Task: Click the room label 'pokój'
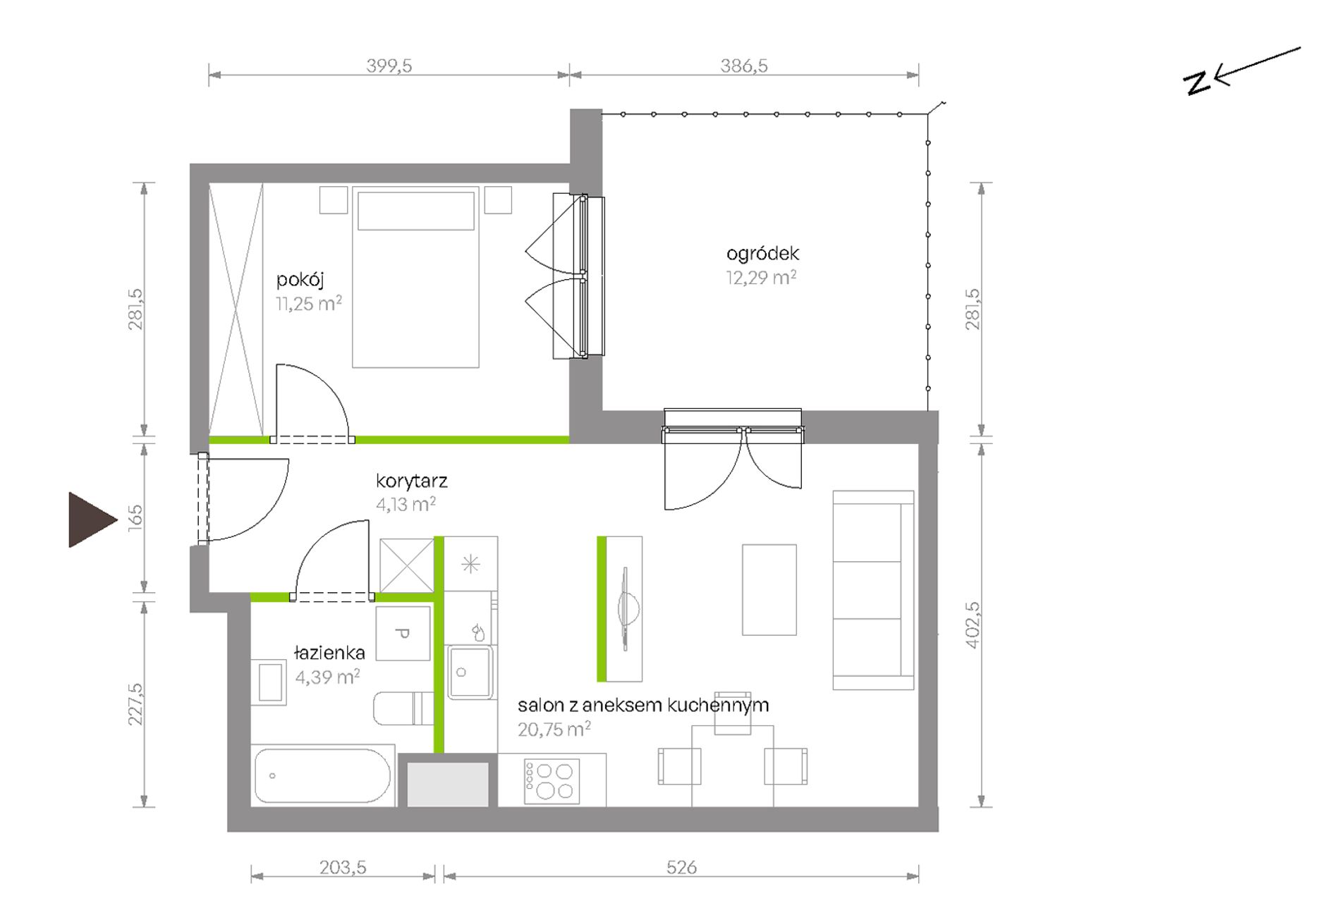[300, 281]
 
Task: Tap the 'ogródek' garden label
[762, 253]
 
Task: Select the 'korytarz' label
[412, 481]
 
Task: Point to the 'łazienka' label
[329, 653]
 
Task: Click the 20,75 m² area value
[554, 729]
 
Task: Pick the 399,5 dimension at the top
[389, 66]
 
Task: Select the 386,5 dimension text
[744, 66]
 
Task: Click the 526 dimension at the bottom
[681, 867]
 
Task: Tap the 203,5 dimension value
[343, 867]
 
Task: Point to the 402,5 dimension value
[972, 625]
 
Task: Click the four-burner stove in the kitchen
[552, 781]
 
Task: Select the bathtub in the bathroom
[323, 775]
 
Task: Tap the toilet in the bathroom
[403, 708]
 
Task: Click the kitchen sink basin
[470, 671]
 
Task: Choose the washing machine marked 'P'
[403, 633]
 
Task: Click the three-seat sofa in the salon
[873, 590]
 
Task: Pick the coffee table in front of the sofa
[769, 589]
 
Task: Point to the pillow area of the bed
[416, 211]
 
